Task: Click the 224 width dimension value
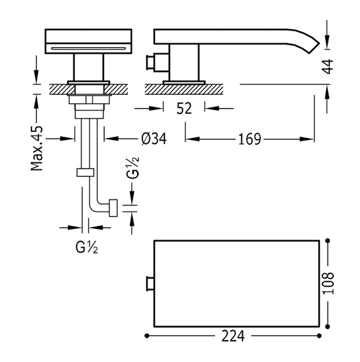233,336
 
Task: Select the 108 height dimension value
329,284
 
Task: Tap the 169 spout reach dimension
250,139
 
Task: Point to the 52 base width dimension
184,109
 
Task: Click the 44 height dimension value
327,67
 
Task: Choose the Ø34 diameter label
154,139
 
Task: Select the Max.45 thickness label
37,148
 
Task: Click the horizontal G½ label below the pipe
87,247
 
